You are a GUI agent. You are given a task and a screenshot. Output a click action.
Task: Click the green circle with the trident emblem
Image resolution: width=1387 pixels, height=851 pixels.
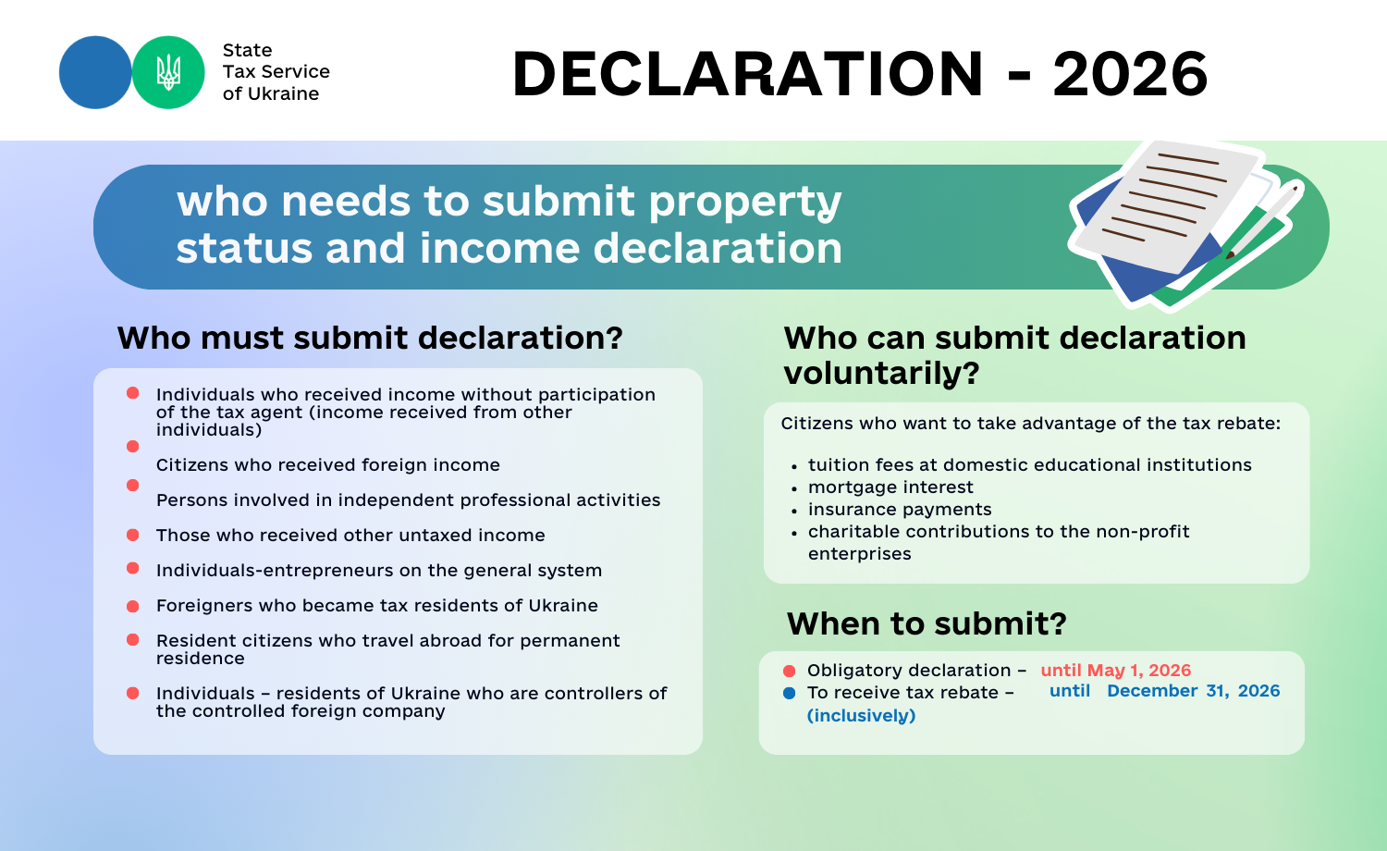point(168,72)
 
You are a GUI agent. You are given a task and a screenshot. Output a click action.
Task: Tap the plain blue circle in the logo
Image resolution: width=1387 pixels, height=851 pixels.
point(95,72)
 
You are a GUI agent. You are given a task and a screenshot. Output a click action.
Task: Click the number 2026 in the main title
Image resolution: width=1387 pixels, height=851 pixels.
point(1130,74)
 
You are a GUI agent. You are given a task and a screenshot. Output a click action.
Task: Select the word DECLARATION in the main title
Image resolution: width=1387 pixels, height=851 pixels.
point(748,74)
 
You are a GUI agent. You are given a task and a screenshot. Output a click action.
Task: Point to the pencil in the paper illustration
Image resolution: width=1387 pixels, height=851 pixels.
point(1264,219)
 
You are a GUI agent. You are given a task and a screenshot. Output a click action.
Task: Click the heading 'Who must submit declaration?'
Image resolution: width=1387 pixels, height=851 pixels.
point(370,339)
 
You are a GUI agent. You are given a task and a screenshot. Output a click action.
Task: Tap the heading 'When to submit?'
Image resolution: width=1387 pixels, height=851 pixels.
point(927,623)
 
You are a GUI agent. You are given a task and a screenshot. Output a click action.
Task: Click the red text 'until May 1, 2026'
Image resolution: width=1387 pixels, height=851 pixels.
point(1116,670)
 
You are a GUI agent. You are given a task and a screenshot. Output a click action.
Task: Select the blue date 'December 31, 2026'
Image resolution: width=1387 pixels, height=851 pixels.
point(1193,691)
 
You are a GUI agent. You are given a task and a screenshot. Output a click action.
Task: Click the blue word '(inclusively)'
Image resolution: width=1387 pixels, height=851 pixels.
point(861,716)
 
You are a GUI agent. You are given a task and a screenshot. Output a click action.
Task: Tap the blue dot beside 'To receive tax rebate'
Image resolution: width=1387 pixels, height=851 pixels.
point(790,693)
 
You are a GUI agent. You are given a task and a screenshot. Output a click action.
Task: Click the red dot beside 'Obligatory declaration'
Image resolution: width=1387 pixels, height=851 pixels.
point(790,671)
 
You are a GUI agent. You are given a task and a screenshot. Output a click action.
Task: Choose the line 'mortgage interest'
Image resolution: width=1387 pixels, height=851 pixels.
point(890,487)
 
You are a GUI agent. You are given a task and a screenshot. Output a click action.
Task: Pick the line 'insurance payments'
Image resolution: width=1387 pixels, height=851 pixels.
point(900,510)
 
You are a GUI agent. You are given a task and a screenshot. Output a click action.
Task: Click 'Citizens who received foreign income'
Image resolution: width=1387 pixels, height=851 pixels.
point(328,465)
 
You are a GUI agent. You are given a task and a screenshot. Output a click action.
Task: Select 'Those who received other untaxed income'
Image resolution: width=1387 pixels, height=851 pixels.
point(350,536)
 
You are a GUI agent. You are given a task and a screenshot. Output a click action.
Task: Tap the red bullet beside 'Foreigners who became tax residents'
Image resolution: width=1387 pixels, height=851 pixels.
point(132,607)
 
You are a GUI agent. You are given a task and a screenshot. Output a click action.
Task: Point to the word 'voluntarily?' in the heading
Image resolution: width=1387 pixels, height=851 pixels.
point(881,374)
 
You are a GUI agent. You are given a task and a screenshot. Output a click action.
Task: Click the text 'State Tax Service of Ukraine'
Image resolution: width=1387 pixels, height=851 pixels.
point(276,72)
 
